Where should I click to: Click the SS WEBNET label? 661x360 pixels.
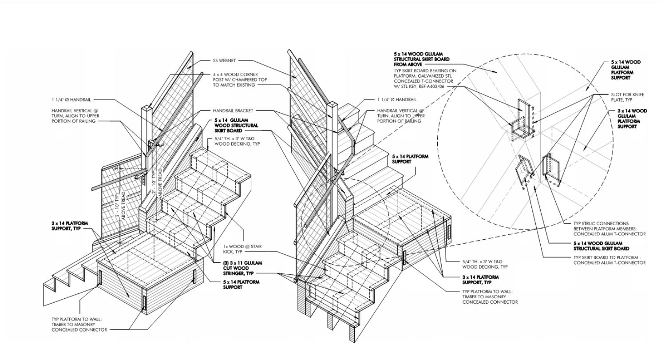(x=224, y=61)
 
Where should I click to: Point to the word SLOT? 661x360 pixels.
(x=616, y=95)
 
